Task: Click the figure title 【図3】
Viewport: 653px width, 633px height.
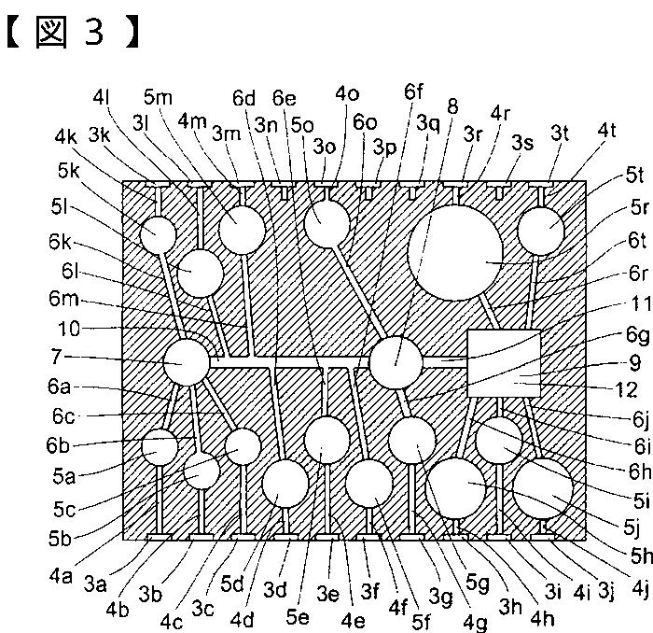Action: click(x=73, y=35)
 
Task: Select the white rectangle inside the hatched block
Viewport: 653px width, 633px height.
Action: click(x=504, y=364)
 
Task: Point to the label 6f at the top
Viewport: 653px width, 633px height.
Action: click(x=413, y=92)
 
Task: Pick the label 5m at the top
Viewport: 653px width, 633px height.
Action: click(x=158, y=96)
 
